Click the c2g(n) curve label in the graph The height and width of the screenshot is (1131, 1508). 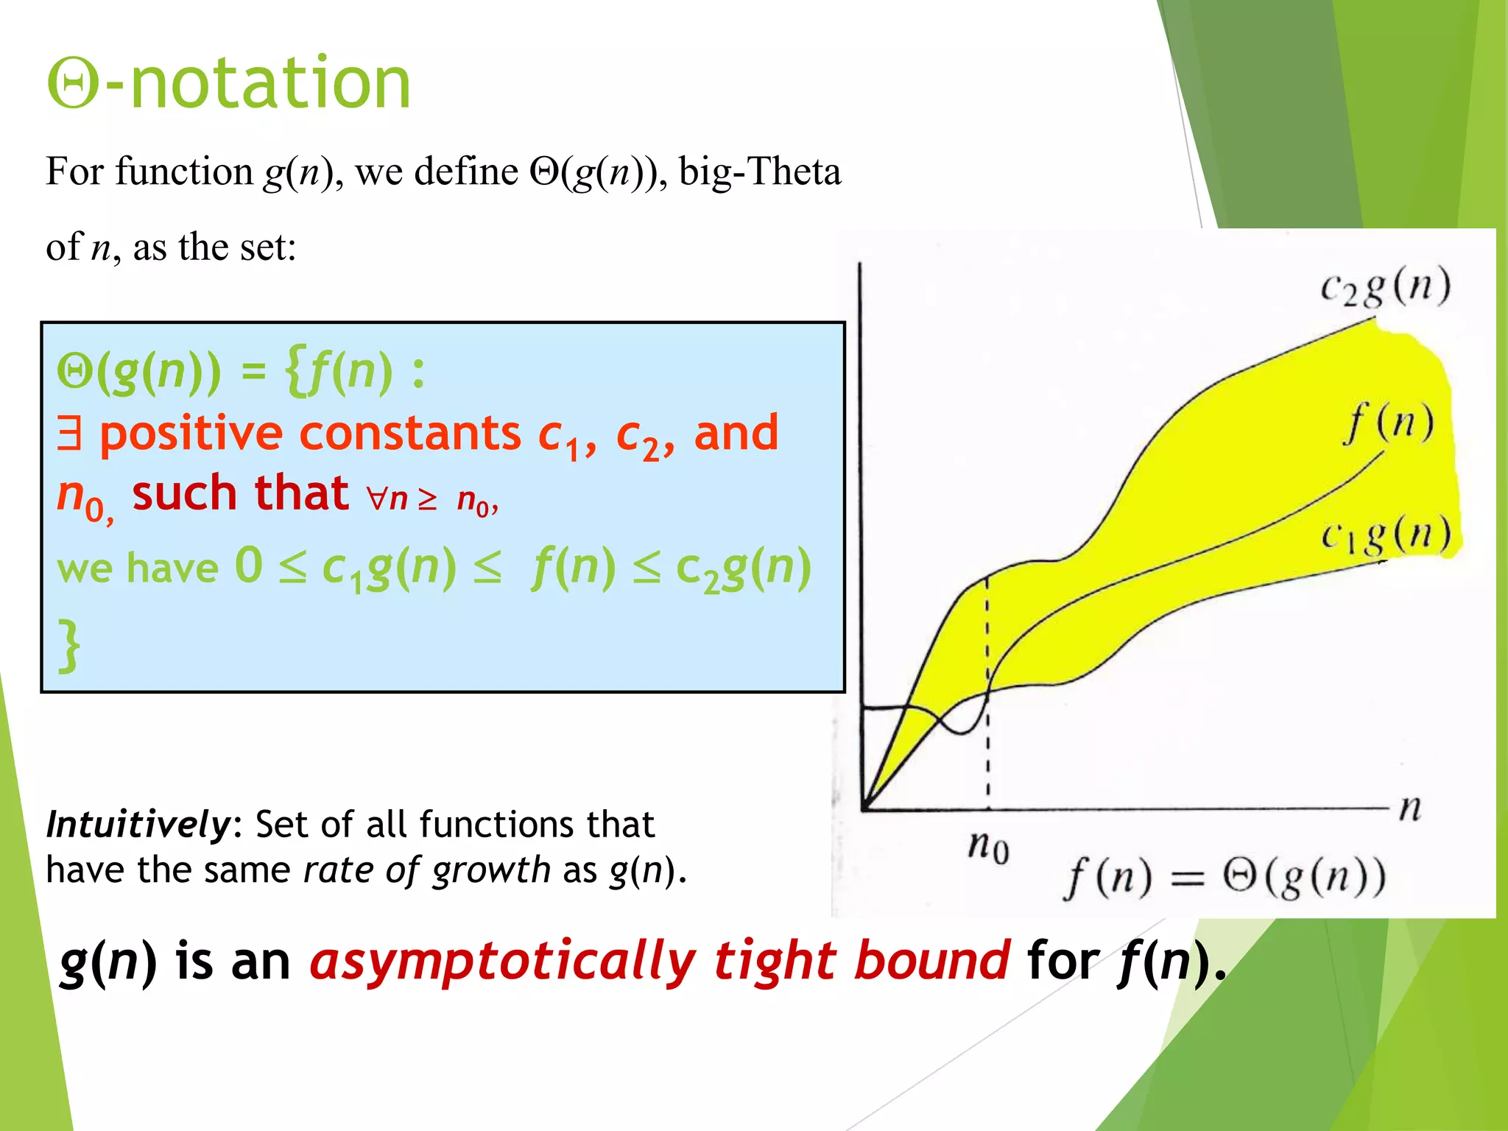1384,287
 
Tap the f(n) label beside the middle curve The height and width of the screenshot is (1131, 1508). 1389,423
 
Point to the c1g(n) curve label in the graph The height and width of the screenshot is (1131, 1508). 1384,535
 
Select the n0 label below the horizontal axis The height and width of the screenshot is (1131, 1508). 988,847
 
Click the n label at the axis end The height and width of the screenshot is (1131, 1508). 1409,808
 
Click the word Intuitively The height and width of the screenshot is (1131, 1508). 138,825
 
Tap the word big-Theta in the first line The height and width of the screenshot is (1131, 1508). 759,172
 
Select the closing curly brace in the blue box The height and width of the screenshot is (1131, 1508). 69,646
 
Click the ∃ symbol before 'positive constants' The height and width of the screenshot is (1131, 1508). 69,433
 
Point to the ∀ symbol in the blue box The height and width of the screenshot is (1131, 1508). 377,498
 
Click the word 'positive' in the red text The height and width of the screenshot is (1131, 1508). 191,433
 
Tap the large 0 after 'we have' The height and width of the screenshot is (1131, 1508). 249,565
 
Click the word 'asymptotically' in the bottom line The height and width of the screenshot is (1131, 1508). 502,962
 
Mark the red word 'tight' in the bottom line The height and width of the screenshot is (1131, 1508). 775,962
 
